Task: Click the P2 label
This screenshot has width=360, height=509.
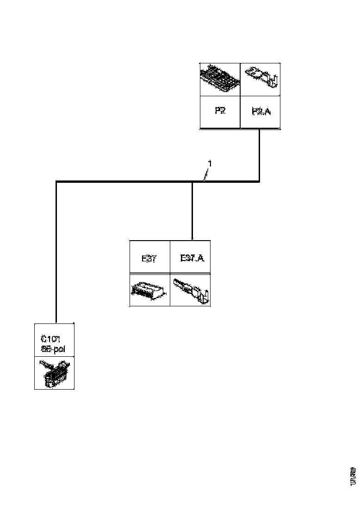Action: tap(220, 112)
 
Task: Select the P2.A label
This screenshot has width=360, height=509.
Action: tap(261, 112)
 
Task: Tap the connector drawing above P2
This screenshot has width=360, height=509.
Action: tap(220, 79)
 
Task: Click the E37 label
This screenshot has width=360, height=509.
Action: tap(149, 258)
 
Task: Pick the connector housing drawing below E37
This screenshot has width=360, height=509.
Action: tap(149, 290)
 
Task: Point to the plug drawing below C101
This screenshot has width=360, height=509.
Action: tap(54, 373)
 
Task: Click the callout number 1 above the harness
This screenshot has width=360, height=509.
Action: tap(210, 164)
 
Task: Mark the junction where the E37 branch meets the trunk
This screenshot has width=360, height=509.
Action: tap(192, 182)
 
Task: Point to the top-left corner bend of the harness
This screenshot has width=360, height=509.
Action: tap(56, 182)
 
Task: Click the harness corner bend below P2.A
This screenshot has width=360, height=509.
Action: tap(259, 181)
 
